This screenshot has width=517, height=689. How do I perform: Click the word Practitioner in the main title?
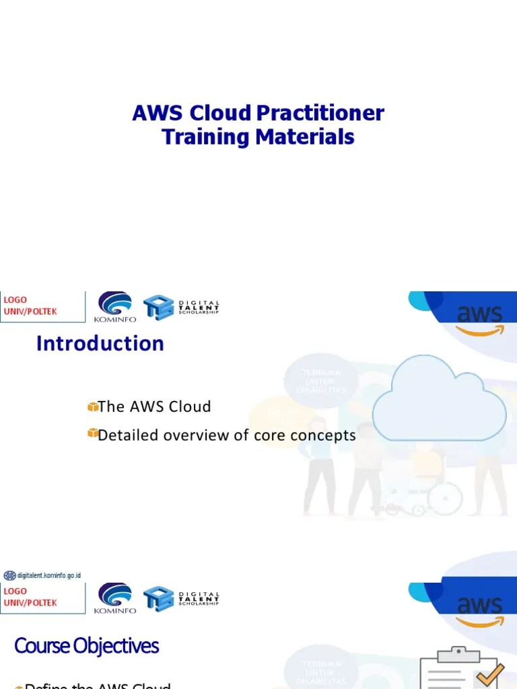click(x=320, y=113)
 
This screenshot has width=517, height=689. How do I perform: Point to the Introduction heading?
click(x=100, y=344)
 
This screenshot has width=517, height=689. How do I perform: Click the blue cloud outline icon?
click(x=439, y=399)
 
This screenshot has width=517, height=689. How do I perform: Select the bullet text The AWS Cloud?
click(x=154, y=406)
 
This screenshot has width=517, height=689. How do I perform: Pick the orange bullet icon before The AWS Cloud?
click(x=93, y=406)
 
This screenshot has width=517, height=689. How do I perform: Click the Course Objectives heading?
click(x=86, y=646)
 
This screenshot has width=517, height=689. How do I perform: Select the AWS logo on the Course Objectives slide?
click(x=479, y=610)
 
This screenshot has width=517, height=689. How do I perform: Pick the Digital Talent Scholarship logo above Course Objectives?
click(x=182, y=597)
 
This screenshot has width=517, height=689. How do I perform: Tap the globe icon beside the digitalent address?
click(x=9, y=575)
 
